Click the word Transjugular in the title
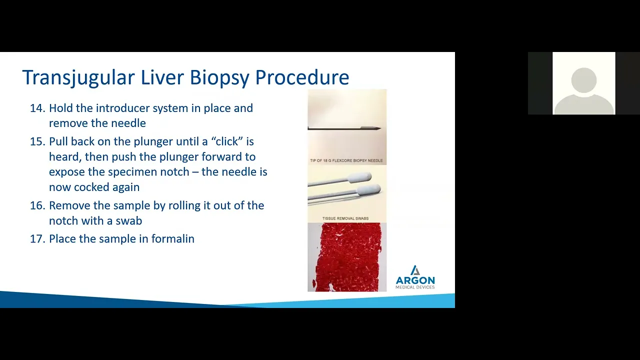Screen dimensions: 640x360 78,77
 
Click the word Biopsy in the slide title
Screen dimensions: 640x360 219,77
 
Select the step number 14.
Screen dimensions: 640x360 37,108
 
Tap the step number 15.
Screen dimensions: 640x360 37,141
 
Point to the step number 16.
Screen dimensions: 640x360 37,205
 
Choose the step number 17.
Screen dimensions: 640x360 37,238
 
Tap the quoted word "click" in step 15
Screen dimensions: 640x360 226,141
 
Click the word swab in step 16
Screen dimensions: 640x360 128,220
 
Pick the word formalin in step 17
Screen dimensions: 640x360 173,238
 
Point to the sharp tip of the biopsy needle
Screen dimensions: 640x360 380,128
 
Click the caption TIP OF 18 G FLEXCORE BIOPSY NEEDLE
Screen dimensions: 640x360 346,160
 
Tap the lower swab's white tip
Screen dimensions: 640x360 368,189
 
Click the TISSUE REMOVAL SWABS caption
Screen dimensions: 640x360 345,218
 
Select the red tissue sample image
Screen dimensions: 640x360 347,257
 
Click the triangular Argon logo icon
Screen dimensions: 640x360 415,270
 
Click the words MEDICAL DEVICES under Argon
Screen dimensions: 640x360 415,287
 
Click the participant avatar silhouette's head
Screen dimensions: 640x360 583,80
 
